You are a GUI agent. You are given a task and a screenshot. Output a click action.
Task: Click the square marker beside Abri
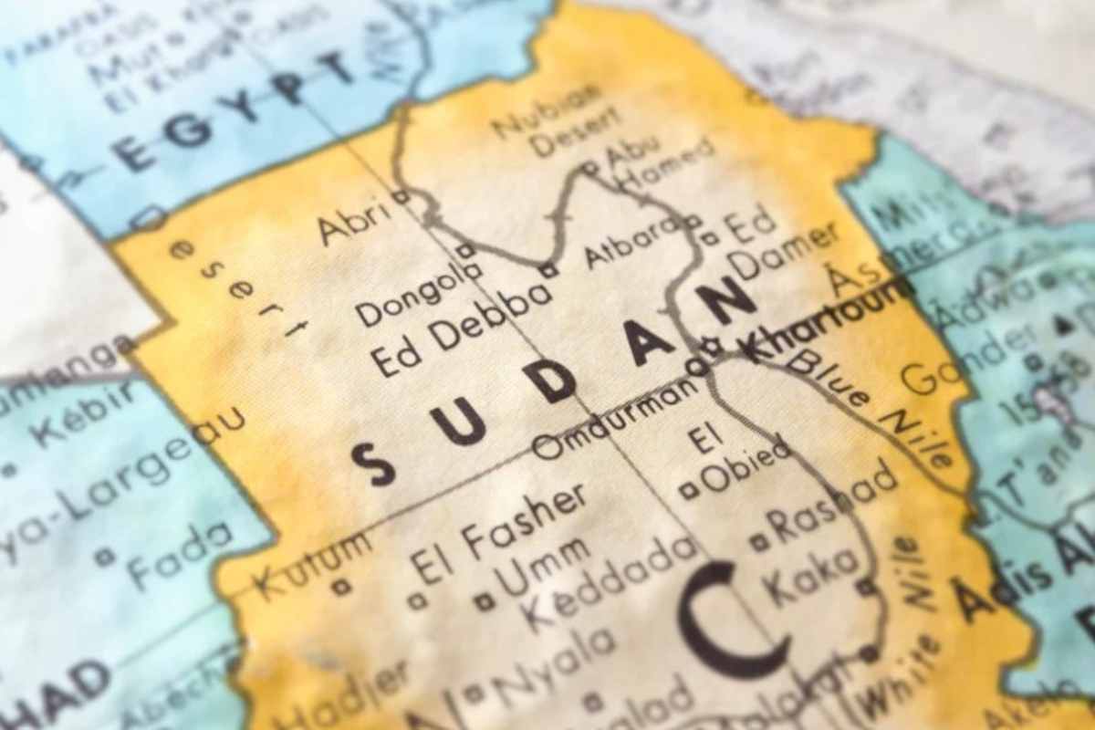pos(401,196)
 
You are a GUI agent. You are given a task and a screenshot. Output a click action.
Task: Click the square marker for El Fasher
pos(417,600)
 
